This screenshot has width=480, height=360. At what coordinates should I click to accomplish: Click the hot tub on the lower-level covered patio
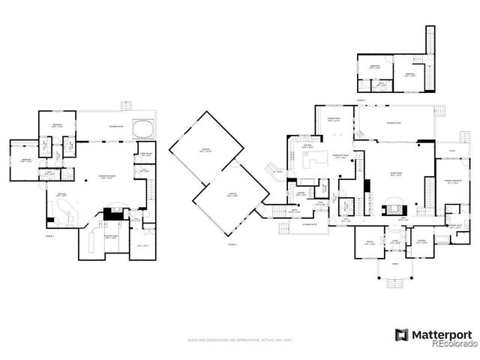pyautogui.click(x=142, y=129)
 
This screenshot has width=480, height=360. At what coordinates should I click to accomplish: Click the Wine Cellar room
pyautogui.click(x=147, y=154)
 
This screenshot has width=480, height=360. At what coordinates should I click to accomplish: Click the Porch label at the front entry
pyautogui.click(x=396, y=263)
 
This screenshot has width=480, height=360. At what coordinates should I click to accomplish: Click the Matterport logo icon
pyautogui.click(x=402, y=334)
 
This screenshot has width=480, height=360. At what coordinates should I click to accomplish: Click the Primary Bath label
pyautogui.click(x=454, y=226)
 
